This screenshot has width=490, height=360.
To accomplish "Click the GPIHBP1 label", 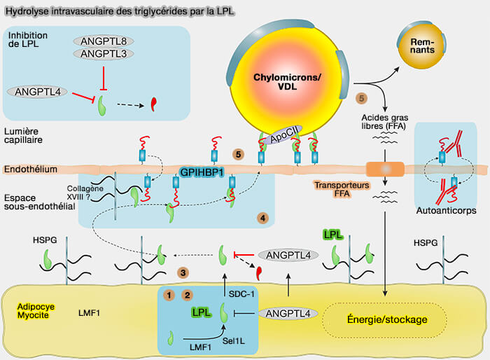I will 202,171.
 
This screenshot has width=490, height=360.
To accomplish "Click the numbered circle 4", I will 262,218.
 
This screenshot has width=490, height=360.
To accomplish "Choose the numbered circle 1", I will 168,295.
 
